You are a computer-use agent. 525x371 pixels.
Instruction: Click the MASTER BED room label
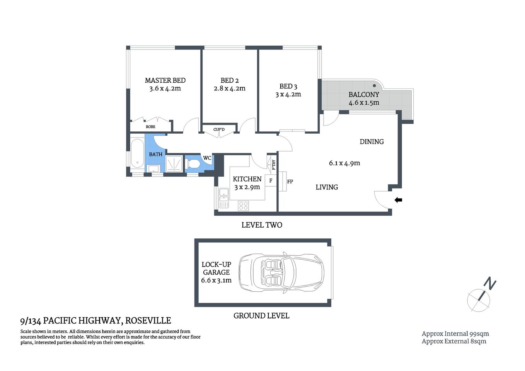point(165,80)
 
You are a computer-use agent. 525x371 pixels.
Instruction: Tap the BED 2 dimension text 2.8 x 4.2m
point(229,88)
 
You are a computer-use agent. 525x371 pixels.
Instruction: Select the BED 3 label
point(288,86)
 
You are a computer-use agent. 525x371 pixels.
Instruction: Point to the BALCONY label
point(364,94)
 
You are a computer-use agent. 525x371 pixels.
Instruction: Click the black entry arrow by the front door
point(398,200)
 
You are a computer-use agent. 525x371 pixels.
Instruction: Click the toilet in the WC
point(193,164)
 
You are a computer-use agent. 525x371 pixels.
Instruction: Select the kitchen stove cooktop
point(243,205)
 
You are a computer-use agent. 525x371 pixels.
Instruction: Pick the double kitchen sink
point(223,198)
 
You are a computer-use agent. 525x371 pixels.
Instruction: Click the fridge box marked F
point(271,180)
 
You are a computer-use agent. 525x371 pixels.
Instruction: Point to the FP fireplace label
point(290,181)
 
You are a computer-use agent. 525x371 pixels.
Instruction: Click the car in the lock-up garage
point(281,272)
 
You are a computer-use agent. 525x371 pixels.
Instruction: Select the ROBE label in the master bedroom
point(150,127)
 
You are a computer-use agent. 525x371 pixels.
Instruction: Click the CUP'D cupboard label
point(219,129)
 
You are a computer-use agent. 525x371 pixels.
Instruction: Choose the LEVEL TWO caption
point(262,225)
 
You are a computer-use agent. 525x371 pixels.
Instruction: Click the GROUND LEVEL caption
point(261,316)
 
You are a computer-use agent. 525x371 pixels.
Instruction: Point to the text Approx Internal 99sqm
point(455,334)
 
